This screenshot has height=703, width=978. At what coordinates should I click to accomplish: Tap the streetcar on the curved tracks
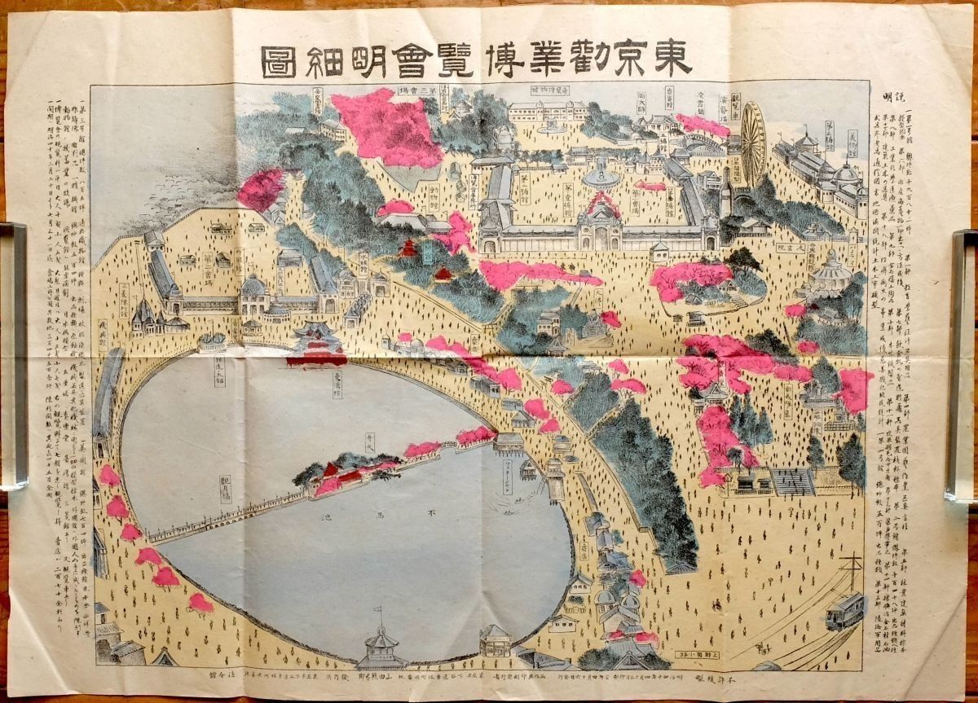844,611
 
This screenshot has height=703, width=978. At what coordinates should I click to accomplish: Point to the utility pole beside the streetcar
852,570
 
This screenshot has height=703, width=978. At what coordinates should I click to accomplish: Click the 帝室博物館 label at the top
551,90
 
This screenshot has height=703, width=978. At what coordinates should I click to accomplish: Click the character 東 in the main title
672,57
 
